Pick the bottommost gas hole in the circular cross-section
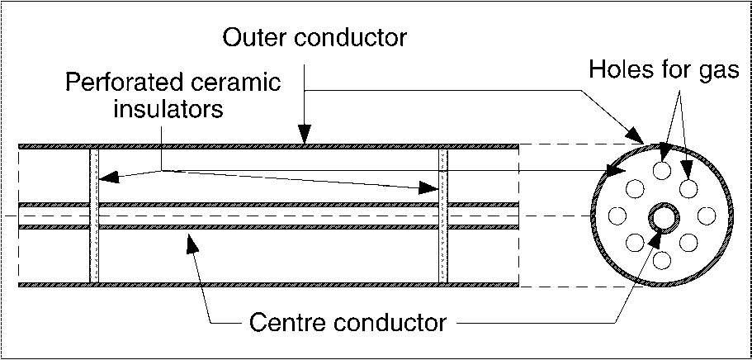662,261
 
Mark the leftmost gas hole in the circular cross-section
617,216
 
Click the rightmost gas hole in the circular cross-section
707,216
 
